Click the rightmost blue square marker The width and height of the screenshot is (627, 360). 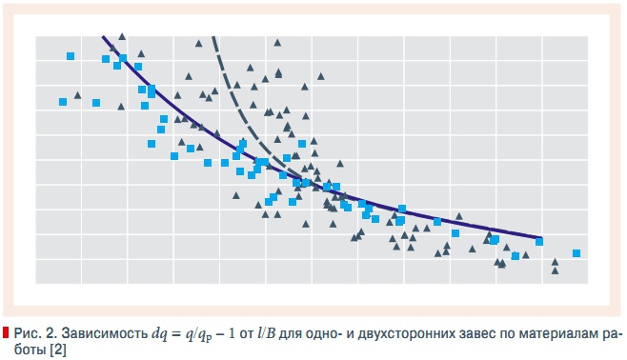tap(576, 253)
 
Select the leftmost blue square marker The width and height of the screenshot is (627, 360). tap(63, 102)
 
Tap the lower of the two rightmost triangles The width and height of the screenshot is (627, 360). tap(555, 271)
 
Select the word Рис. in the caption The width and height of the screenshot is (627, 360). tap(28, 333)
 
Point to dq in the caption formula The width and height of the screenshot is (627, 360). tap(161, 333)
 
